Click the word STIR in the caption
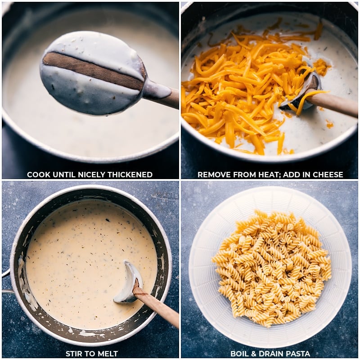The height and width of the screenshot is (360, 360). click(x=74, y=354)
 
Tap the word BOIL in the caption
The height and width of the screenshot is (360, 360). click(x=240, y=354)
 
